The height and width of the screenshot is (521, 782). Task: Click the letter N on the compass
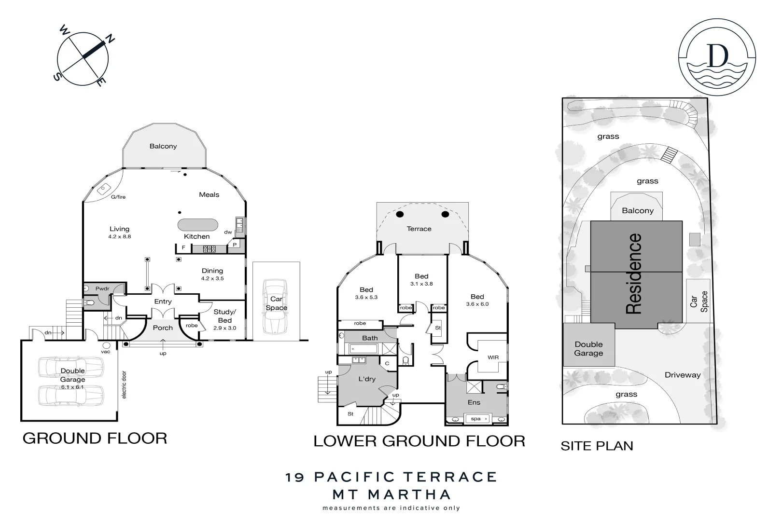click(x=110, y=39)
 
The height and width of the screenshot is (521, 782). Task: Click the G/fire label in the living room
click(x=118, y=197)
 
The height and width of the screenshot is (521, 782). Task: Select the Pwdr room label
click(x=102, y=288)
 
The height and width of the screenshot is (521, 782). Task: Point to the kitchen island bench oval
click(x=198, y=225)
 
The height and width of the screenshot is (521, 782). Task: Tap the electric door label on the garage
click(x=124, y=384)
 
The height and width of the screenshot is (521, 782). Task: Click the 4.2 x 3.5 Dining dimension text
click(x=212, y=278)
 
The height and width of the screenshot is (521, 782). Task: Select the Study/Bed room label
click(x=224, y=316)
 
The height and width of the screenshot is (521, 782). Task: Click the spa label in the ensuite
click(x=475, y=419)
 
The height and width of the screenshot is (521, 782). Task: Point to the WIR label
click(x=493, y=357)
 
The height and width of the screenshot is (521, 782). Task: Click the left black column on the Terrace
click(x=400, y=214)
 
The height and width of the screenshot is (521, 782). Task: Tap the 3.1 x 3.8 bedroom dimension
click(x=421, y=284)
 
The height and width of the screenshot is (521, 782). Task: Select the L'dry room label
click(x=367, y=379)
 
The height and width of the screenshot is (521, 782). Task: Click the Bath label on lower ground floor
click(x=370, y=338)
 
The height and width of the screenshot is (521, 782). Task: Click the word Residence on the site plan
click(x=634, y=274)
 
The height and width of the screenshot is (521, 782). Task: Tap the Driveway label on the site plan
click(x=682, y=375)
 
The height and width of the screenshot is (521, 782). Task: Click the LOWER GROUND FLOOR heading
click(x=419, y=441)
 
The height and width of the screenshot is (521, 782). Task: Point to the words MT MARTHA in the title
click(x=391, y=494)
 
